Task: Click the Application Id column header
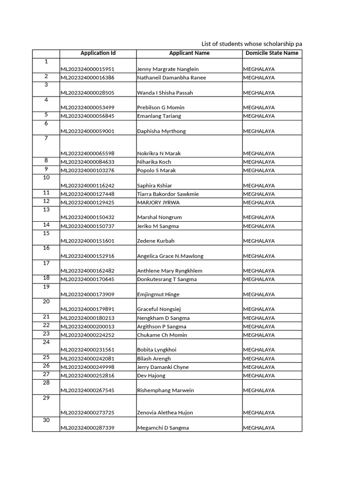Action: pos(98,53)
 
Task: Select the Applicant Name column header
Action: pos(189,53)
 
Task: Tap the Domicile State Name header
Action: pos(272,53)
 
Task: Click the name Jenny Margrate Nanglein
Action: pos(168,69)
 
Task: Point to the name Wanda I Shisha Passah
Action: pos(165,92)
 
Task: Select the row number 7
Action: pos(46,138)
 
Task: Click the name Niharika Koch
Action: pos(154,162)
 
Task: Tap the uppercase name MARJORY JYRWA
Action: pos(158,202)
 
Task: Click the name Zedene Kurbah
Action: pos(156,241)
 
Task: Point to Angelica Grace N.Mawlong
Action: pos(170,256)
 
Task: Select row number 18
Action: pos(46,278)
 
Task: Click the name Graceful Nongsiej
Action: pos(159,309)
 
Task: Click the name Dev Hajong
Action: pos(151,375)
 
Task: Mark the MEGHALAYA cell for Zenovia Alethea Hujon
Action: pos(259,412)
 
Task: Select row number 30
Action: pos(46,420)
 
